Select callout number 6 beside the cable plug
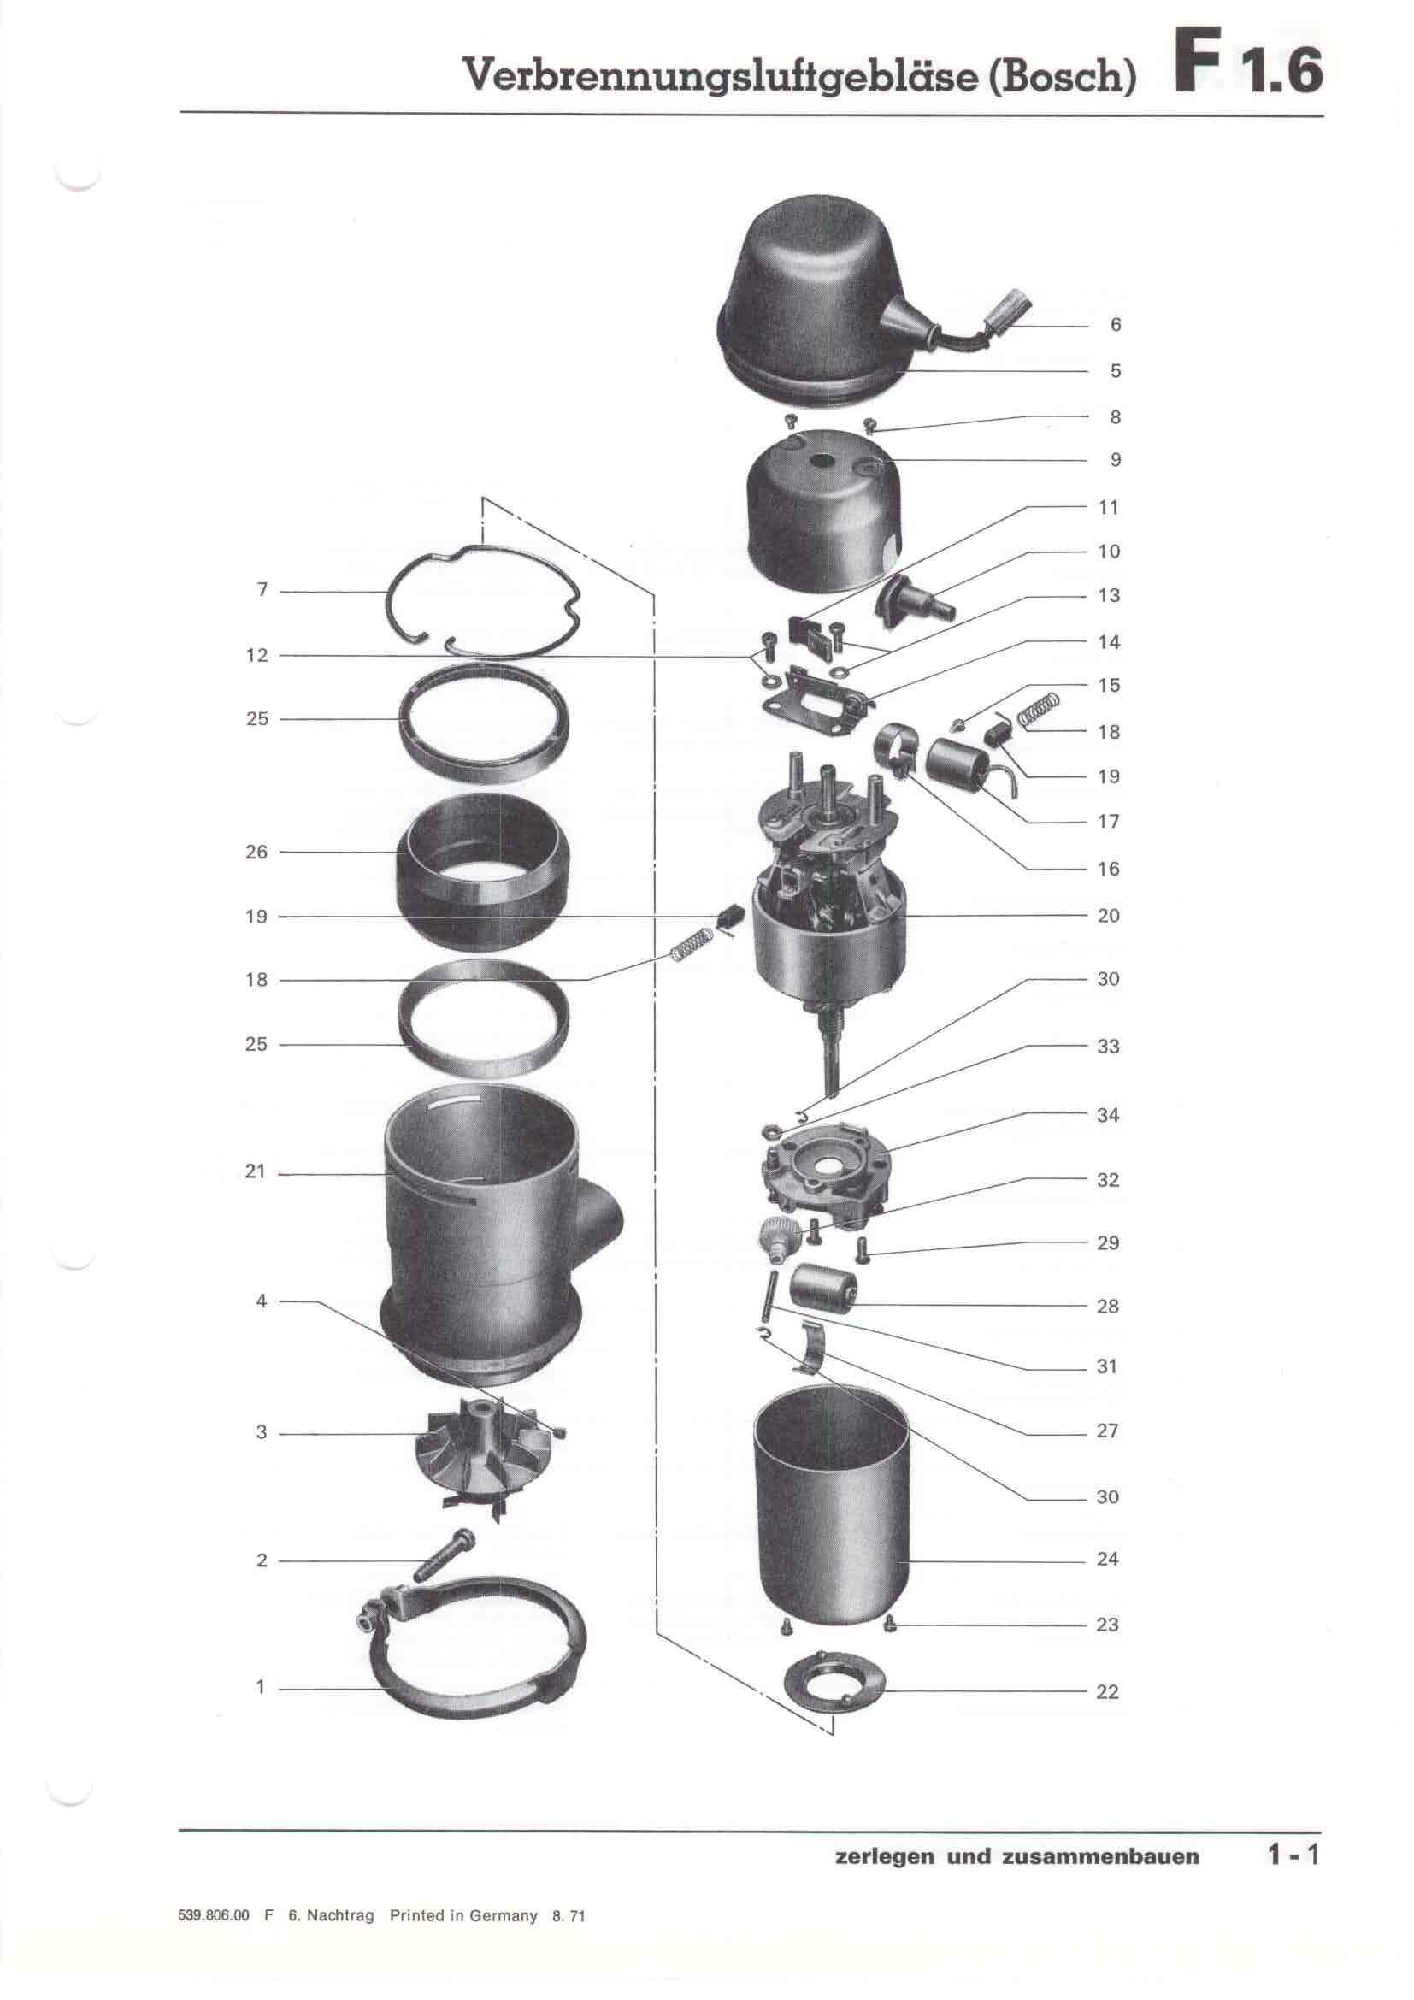[x=1116, y=325]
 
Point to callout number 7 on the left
[x=262, y=590]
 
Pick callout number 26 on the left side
[x=256, y=852]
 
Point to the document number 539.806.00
[x=214, y=1915]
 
